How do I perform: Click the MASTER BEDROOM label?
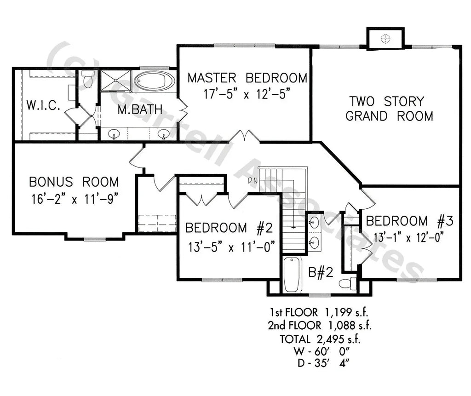247,78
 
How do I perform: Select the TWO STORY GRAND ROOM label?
389,109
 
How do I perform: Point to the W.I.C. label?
43,105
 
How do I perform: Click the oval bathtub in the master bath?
154,81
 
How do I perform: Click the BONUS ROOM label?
74,182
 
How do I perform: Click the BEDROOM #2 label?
230,228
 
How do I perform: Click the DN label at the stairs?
253,180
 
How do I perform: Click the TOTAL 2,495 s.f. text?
320,339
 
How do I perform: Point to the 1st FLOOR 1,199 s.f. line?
320,313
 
